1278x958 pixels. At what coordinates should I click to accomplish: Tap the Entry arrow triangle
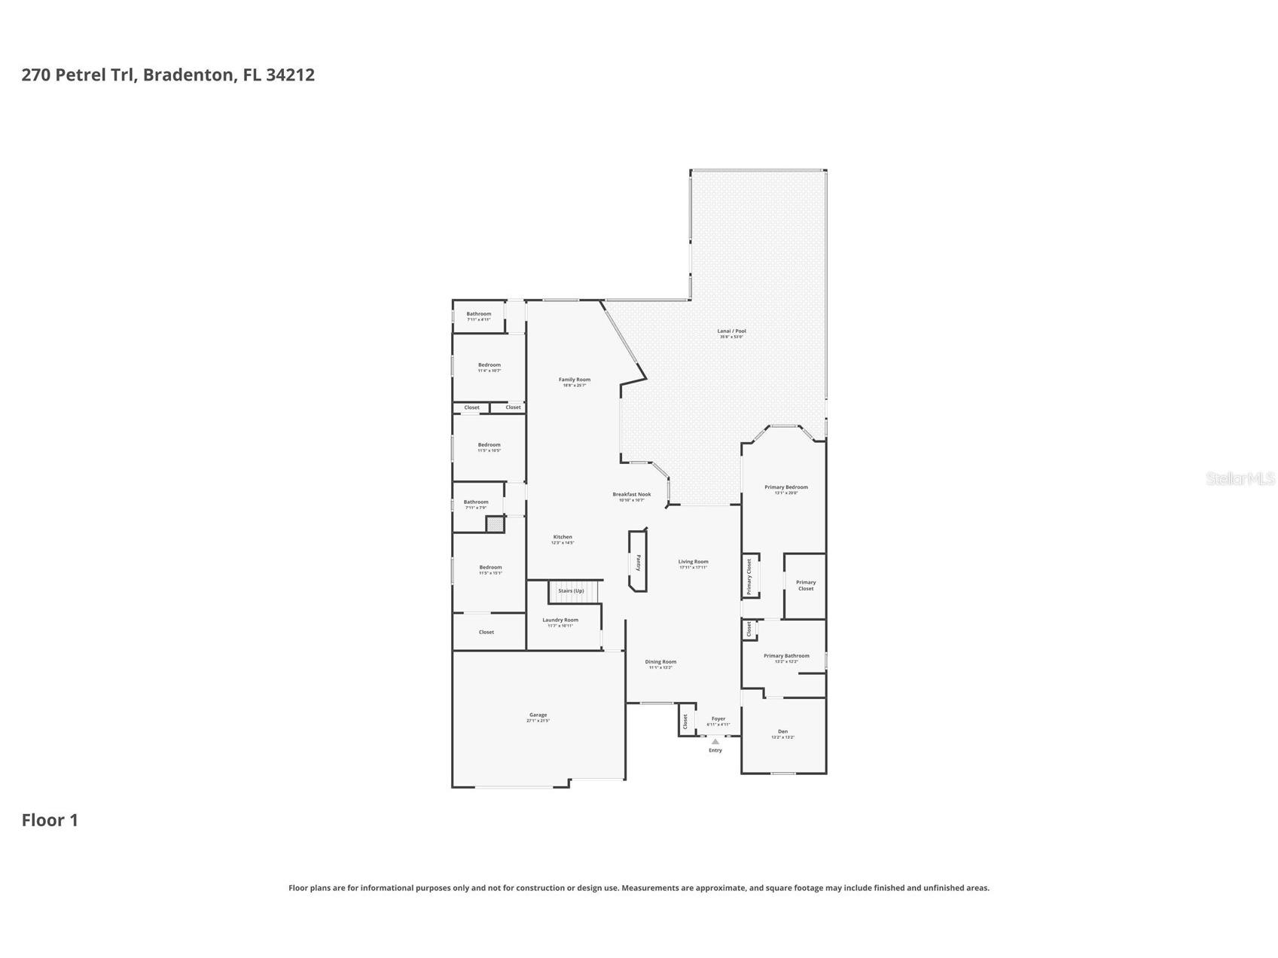[715, 742]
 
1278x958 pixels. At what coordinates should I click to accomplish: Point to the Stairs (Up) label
[571, 591]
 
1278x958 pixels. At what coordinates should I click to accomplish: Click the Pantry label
[639, 563]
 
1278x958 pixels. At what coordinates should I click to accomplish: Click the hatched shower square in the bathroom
[495, 524]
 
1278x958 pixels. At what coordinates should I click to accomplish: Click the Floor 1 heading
[50, 820]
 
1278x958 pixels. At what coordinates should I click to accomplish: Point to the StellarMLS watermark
[1240, 478]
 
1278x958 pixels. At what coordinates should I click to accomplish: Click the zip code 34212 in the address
[290, 75]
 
